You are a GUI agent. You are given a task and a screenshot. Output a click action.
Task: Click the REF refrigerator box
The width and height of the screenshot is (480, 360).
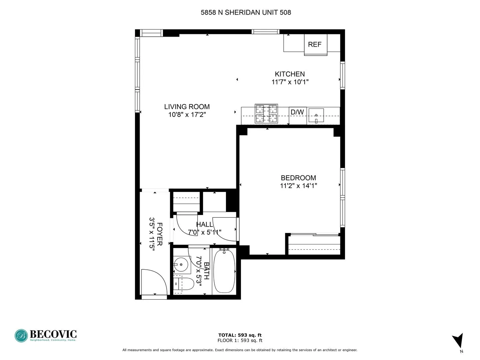315,44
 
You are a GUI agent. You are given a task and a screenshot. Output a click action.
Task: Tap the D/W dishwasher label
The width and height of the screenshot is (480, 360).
297,112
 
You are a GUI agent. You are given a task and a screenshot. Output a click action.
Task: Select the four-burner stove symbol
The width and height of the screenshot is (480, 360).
266,114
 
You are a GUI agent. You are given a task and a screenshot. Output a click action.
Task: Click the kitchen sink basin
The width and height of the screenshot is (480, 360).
316,116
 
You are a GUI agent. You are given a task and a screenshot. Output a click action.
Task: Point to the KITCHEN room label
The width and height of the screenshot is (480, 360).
290,74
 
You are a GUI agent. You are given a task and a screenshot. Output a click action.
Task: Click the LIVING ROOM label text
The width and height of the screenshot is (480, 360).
187,107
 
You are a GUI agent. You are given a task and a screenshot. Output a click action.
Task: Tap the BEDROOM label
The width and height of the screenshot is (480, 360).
298,178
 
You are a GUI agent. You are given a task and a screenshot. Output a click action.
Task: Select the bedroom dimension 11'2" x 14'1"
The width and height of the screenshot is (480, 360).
298,186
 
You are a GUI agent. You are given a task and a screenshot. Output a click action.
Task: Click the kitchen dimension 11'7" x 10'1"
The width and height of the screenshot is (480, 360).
290,82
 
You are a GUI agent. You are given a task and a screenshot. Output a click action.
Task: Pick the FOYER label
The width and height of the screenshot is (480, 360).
159,234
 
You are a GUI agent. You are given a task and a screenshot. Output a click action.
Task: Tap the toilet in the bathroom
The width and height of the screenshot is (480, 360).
184,285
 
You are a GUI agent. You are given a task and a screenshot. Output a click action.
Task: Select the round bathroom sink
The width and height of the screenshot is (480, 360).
181,265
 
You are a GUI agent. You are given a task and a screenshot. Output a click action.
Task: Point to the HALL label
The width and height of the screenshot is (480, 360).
204,224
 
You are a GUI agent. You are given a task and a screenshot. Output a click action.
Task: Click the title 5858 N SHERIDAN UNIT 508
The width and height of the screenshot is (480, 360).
246,13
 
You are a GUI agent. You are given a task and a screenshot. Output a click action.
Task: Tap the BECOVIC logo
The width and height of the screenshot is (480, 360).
46,335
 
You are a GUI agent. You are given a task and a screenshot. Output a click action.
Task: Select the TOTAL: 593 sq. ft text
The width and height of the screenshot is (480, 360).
240,335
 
